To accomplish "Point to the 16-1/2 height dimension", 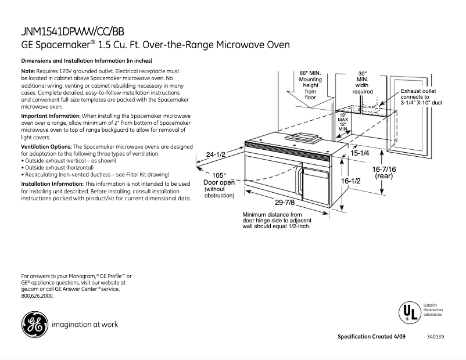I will click(351, 181).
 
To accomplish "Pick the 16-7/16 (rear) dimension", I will click(385, 172).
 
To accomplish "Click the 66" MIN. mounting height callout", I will click(310, 85).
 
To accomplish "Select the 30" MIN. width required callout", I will click(362, 82).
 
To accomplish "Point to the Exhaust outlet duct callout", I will click(421, 97).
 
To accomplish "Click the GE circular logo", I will click(34, 324).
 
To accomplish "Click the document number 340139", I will click(435, 337).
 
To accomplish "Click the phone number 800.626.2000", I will click(37, 296).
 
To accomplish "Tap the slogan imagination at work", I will click(85, 324).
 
